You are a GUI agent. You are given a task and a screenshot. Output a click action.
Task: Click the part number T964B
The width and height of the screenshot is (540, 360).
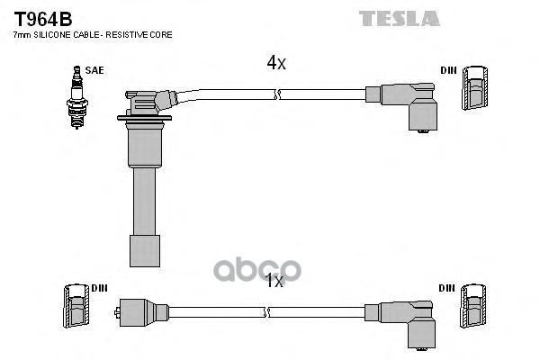[x=42, y=19]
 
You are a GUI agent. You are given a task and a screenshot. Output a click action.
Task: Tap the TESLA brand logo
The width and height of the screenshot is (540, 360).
[x=400, y=19]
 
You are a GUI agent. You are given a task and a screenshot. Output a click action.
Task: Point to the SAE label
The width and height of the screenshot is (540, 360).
[x=94, y=70]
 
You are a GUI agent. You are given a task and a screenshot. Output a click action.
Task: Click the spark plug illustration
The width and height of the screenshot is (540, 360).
[x=77, y=97]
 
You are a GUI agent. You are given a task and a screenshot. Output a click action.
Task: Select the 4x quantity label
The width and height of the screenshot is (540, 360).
[x=276, y=63]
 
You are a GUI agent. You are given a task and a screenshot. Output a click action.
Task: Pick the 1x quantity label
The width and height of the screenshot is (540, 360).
[x=274, y=281]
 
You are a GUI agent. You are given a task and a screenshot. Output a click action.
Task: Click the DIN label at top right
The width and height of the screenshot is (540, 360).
[x=448, y=70]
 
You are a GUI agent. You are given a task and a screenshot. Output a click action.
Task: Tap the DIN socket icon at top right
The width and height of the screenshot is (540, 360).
[x=474, y=87]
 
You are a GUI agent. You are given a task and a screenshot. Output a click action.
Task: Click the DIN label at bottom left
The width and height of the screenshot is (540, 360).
[x=100, y=288]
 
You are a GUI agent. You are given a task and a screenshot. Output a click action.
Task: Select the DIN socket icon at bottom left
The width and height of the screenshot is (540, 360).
[x=76, y=306]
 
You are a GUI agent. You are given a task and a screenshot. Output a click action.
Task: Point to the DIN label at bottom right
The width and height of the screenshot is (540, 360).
[x=446, y=288]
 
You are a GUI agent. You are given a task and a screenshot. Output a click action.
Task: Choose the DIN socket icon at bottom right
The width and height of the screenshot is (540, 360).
[x=473, y=306]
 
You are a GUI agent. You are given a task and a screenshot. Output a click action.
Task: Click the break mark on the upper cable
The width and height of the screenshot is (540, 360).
[x=277, y=94]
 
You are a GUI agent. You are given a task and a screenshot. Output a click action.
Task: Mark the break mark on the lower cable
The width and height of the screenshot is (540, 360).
[x=266, y=312]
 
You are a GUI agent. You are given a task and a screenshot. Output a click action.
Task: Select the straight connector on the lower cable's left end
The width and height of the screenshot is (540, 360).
[x=141, y=313]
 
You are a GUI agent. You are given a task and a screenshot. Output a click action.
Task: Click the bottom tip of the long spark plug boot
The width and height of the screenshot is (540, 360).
[x=145, y=266]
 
